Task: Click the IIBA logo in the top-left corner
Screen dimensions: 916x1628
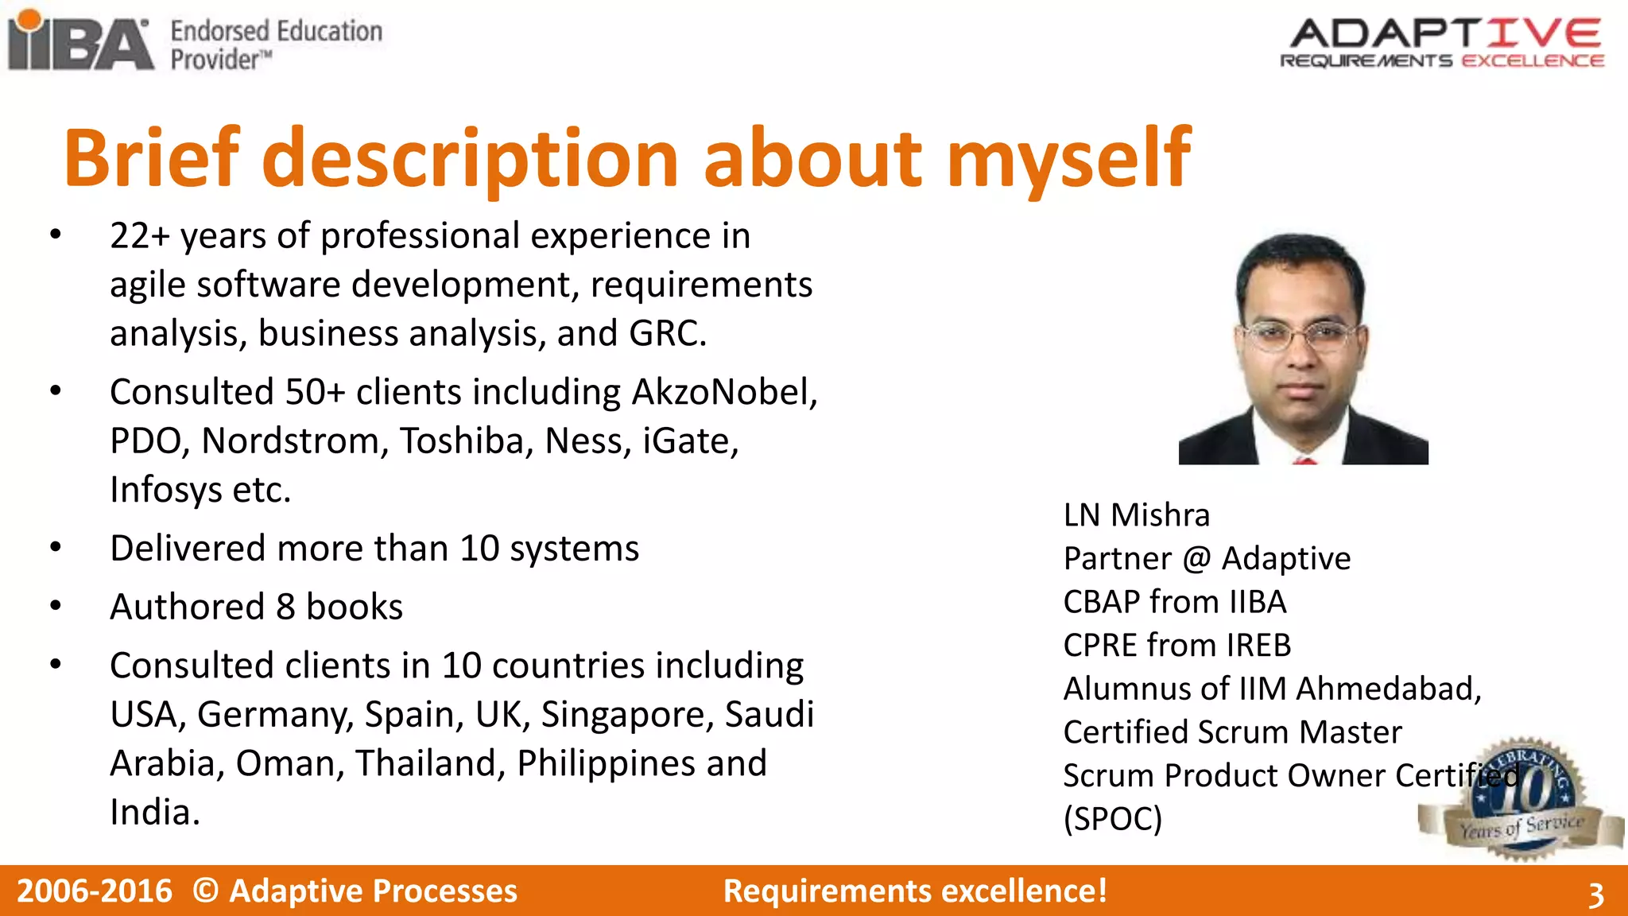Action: tap(79, 41)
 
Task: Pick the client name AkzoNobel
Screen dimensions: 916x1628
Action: tap(722, 393)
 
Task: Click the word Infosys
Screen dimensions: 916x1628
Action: tap(166, 491)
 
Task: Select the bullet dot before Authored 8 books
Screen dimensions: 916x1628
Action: tap(55, 606)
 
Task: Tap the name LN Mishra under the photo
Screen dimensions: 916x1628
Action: tap(1136, 515)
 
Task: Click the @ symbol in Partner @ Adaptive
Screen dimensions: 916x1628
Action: tap(1196, 559)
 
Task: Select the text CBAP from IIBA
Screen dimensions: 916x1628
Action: tap(1174, 602)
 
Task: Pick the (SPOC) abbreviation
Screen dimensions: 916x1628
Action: tap(1112, 819)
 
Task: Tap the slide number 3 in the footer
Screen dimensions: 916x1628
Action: tap(1595, 895)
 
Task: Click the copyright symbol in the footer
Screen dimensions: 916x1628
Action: tap(205, 891)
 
